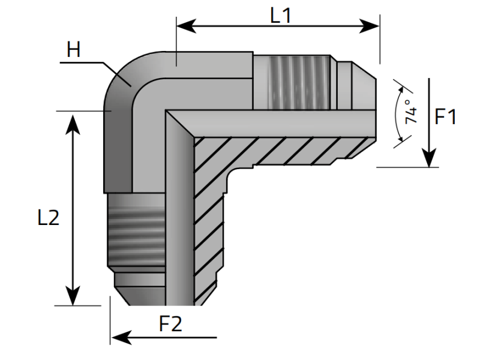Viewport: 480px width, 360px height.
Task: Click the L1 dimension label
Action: (280, 15)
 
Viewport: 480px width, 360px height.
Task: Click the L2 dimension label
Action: (48, 218)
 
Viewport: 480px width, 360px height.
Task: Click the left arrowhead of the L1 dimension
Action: (184, 26)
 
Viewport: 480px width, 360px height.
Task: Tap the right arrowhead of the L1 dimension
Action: (372, 26)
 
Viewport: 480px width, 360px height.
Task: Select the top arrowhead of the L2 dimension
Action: (73, 119)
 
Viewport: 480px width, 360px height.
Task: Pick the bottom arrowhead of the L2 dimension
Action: (73, 298)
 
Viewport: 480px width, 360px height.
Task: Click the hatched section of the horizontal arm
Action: (282, 150)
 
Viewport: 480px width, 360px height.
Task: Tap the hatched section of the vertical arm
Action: (207, 240)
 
